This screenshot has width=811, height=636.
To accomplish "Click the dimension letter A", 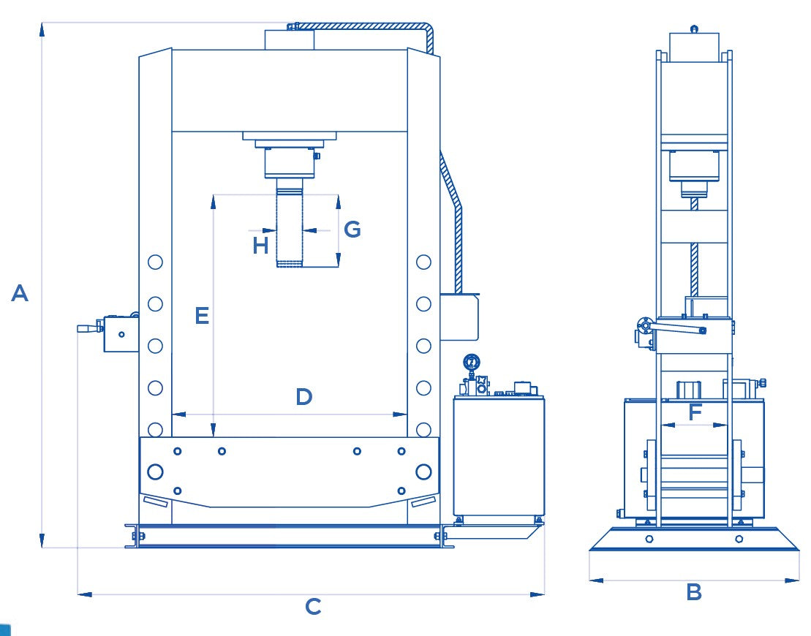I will pyautogui.click(x=20, y=294).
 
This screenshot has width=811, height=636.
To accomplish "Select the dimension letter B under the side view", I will pyautogui.click(x=694, y=592).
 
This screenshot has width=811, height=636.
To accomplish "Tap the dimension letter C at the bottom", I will pyautogui.click(x=313, y=607).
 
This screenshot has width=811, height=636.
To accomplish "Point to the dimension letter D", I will pyautogui.click(x=304, y=397).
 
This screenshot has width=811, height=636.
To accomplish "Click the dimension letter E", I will pyautogui.click(x=202, y=316).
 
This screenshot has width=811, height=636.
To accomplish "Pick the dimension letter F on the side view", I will pyautogui.click(x=695, y=412).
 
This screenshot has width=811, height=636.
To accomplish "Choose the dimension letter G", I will pyautogui.click(x=352, y=230).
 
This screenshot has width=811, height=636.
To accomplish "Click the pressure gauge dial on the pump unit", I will pyautogui.click(x=471, y=362).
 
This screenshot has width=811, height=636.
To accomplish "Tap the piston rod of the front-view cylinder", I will pyautogui.click(x=290, y=227).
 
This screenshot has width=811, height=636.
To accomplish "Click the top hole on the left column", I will pyautogui.click(x=155, y=262).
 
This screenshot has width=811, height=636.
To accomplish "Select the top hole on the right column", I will pyautogui.click(x=423, y=262).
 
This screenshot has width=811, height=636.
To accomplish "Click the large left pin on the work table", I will pyautogui.click(x=155, y=472).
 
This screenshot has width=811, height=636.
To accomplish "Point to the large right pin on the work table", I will pyautogui.click(x=423, y=472).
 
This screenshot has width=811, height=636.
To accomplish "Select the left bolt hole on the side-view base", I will pyautogui.click(x=649, y=539).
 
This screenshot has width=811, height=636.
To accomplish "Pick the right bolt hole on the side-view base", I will pyautogui.click(x=739, y=539).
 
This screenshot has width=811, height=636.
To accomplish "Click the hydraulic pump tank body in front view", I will pyautogui.click(x=499, y=457).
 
